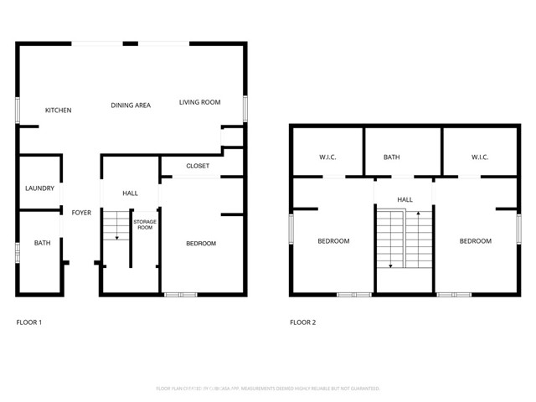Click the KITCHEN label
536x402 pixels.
(58, 111)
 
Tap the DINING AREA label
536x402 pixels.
(131, 106)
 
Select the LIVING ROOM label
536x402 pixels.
(199, 102)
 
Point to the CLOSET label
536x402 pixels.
(198, 166)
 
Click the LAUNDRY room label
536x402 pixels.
(39, 188)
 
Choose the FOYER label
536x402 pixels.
(81, 213)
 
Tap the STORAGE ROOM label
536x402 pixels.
(145, 224)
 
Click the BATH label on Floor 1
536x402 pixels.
(42, 244)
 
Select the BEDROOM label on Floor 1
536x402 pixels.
(201, 244)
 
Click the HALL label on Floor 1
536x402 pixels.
(130, 193)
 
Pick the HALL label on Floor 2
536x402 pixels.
(405, 199)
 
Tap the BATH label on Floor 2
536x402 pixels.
(392, 157)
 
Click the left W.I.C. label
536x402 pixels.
(327, 157)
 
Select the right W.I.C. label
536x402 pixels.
(479, 157)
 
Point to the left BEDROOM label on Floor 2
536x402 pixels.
(333, 241)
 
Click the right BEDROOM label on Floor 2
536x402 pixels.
(475, 241)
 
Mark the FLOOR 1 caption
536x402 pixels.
(29, 322)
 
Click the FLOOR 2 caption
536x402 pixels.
(302, 322)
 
